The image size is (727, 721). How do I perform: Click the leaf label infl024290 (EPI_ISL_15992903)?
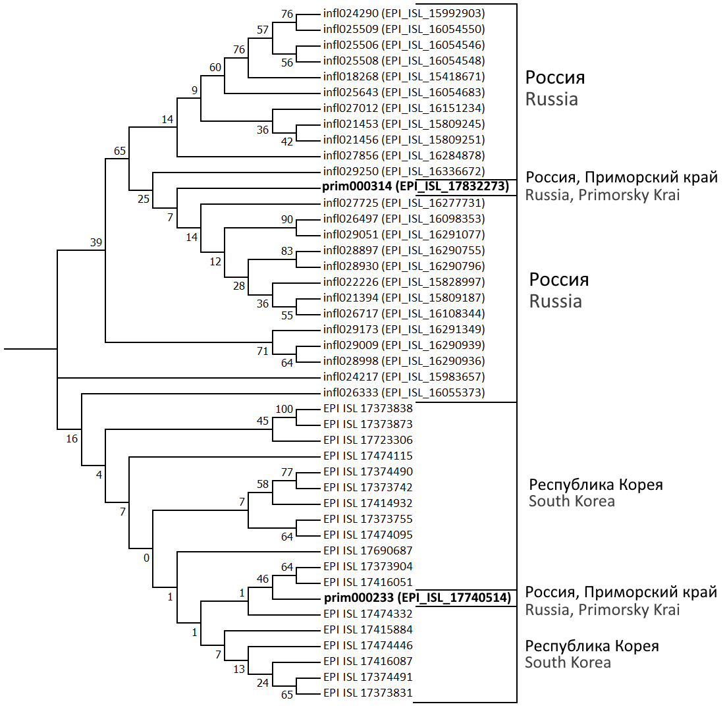(x=404, y=13)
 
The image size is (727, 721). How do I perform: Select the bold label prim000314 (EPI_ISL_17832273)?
(x=416, y=187)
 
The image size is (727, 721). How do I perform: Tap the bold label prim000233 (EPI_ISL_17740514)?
(x=417, y=598)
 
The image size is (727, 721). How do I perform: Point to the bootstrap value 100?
(x=284, y=409)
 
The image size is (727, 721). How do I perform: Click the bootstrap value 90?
(x=287, y=219)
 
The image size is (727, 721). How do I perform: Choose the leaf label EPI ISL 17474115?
(x=368, y=456)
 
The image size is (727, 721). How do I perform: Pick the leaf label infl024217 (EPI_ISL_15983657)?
(x=404, y=377)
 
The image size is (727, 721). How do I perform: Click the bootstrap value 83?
(x=287, y=251)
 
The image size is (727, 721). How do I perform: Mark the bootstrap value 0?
(x=146, y=558)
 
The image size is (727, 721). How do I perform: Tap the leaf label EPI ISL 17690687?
(x=368, y=550)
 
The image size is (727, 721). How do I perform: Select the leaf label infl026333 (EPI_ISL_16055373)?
(x=404, y=392)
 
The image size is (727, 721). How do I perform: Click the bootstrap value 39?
(x=96, y=242)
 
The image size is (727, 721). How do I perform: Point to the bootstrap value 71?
(x=263, y=352)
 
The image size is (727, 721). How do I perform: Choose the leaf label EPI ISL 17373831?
(x=368, y=693)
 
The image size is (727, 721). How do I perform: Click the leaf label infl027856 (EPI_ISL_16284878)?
(x=404, y=155)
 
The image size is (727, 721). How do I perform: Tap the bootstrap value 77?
(x=287, y=472)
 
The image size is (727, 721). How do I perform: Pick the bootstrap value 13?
(x=238, y=669)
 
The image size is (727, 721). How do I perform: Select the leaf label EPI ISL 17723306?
(x=368, y=440)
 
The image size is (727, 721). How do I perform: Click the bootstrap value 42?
(x=287, y=142)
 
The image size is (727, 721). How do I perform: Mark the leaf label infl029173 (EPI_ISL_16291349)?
(x=404, y=329)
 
